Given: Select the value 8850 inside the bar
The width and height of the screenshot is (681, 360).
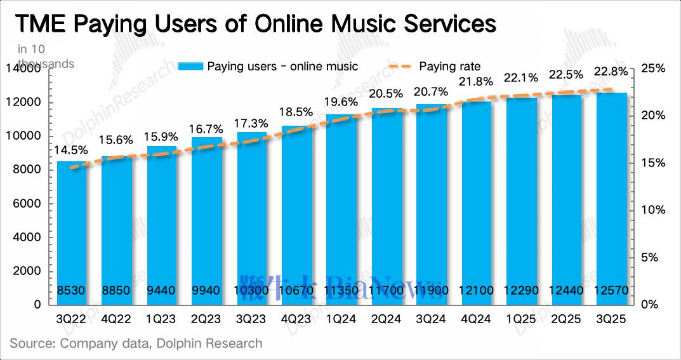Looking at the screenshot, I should point(117,291).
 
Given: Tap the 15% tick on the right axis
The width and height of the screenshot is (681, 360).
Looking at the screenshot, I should point(654,163).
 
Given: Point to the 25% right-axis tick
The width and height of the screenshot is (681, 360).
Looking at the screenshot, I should point(654,69).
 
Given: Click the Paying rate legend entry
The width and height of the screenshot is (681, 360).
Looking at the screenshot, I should point(451,66).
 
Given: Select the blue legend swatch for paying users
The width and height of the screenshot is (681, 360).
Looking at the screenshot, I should point(190,66).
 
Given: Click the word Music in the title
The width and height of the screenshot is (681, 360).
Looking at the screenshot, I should point(364,23).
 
